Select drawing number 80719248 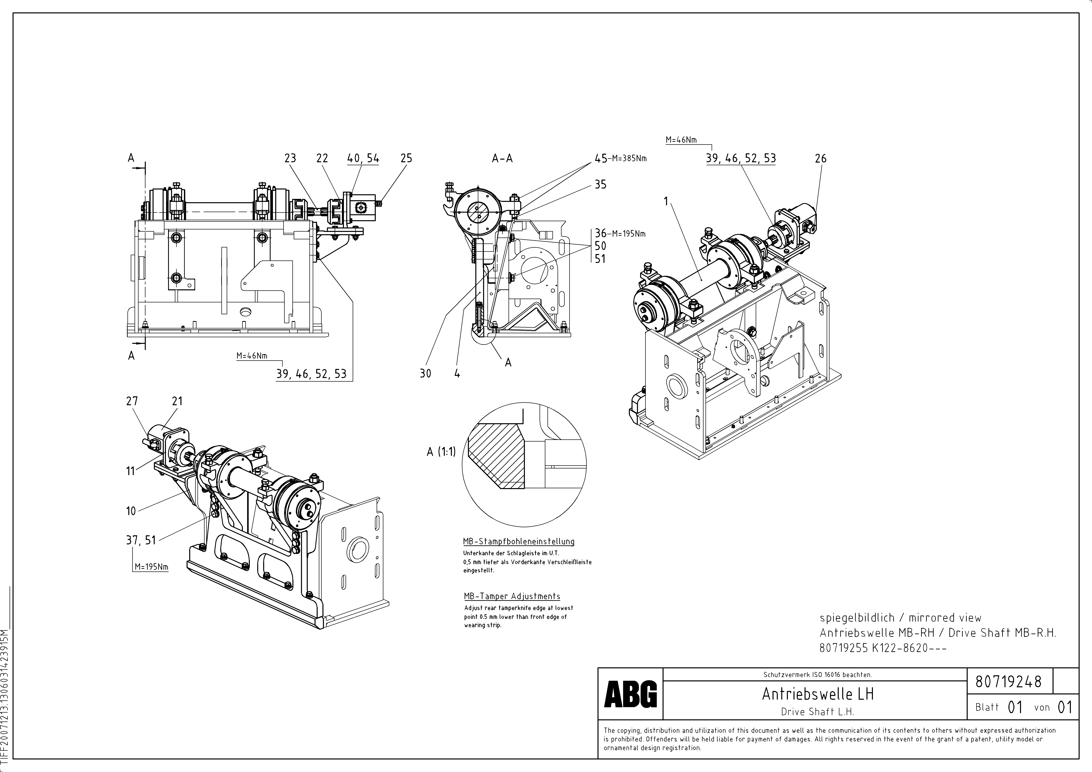pos(1008,682)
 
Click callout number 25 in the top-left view pos(406,158)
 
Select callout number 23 pos(290,158)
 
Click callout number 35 pos(601,184)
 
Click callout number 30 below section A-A pos(425,374)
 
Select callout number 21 pos(177,401)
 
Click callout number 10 pos(131,511)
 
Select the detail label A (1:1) pos(441,452)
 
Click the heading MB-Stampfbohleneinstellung pos(519,541)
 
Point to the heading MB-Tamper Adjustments pos(512,596)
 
